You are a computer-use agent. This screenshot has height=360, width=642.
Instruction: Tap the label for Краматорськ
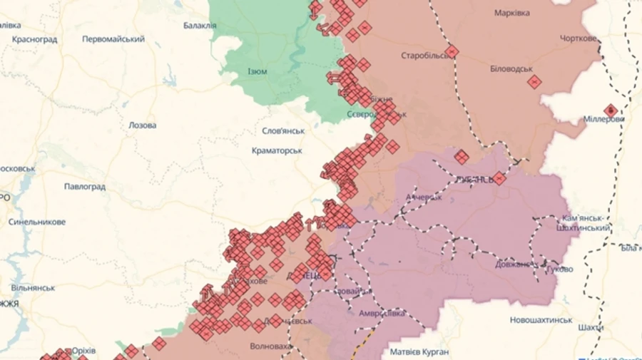point(277,150)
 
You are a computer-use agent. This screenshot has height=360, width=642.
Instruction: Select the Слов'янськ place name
point(283,131)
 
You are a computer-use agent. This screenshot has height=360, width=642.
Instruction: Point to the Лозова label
point(142,125)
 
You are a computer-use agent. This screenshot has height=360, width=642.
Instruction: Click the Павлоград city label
point(84,187)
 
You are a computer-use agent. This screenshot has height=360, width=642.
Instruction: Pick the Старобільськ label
point(424,55)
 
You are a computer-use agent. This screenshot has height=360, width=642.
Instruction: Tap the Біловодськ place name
point(511,68)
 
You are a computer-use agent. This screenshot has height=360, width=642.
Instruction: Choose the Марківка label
point(512,13)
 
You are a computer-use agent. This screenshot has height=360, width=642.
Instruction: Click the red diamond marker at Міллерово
point(611,110)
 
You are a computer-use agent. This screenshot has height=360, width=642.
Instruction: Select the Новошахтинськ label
point(541,320)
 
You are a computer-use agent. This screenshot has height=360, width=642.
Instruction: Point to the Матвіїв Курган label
point(419,352)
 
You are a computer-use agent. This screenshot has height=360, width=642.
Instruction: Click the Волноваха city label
point(270,347)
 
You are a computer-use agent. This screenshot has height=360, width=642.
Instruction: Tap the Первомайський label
point(113,39)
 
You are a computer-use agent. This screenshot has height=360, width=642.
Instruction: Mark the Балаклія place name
point(200,26)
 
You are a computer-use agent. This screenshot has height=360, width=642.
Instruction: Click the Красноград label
point(34,39)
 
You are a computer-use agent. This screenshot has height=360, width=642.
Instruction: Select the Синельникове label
point(37,222)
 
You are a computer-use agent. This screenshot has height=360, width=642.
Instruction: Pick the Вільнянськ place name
point(33,287)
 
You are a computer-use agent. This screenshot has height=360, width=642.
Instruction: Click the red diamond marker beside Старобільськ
point(452,51)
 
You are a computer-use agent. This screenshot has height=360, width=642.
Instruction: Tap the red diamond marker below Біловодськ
point(534,82)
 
